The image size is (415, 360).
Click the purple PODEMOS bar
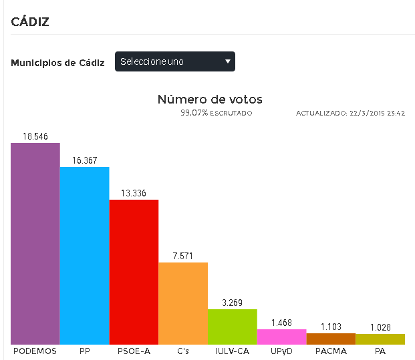pyautogui.click(x=35, y=243)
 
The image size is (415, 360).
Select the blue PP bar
pyautogui.click(x=84, y=255)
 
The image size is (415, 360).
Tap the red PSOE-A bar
pyautogui.click(x=134, y=272)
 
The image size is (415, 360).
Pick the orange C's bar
pyautogui.click(x=183, y=303)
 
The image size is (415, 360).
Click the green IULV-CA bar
pyautogui.click(x=233, y=327)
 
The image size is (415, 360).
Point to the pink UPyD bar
pyautogui.click(x=281, y=337)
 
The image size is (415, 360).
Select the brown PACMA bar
pyautogui.click(x=331, y=339)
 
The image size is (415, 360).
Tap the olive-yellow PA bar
pyautogui.click(x=380, y=339)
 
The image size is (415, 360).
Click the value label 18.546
pyautogui.click(x=35, y=136)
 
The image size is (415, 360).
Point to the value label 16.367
pyautogui.click(x=85, y=160)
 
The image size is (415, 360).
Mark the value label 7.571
pyautogui.click(x=183, y=256)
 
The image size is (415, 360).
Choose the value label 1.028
pyautogui.click(x=380, y=327)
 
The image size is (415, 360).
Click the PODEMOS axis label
pyautogui.click(x=35, y=351)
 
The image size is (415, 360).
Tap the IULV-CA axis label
pyautogui.click(x=233, y=351)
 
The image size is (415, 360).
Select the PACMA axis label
pyautogui.click(x=331, y=351)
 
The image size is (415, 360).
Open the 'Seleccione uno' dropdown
pyautogui.click(x=175, y=61)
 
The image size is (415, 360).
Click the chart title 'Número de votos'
pyautogui.click(x=210, y=100)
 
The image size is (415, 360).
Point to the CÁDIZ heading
pyautogui.click(x=31, y=21)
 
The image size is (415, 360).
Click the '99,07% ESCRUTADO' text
pyautogui.click(x=216, y=114)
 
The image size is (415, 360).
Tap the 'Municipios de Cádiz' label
pyautogui.click(x=57, y=63)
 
